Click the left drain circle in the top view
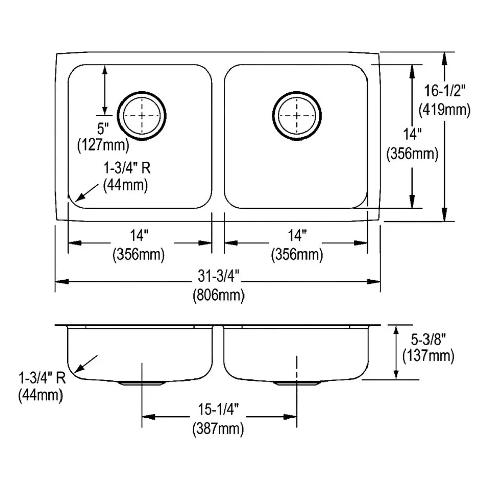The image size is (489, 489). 142,116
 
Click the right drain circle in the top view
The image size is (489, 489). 296,116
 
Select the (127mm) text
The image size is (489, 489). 103,146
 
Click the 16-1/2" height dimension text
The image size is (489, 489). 444,91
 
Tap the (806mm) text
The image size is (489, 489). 218,294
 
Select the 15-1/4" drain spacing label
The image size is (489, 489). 218,410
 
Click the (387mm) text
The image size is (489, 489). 218,429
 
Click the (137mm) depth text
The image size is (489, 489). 429,356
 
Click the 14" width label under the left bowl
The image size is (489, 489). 140,236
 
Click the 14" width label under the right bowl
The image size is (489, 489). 296,236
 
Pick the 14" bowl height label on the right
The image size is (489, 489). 412,135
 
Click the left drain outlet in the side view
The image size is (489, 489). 142,383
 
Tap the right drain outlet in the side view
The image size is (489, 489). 297,383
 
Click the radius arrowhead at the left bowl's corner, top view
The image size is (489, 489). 77,200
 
